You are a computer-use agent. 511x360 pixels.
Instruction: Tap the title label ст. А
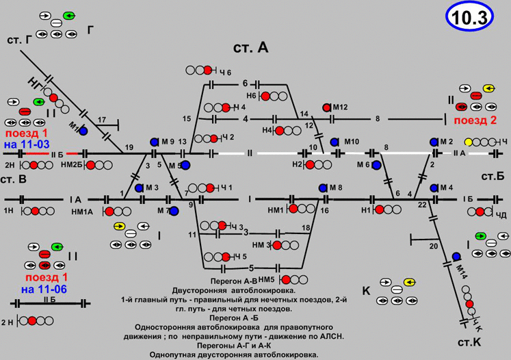tap(250, 47)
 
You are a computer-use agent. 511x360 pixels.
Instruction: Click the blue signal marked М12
tap(327, 107)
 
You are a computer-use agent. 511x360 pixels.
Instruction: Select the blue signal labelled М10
tap(335, 142)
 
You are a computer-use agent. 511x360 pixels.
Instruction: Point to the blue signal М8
tap(323, 188)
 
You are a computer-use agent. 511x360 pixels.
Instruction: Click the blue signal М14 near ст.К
tap(456, 257)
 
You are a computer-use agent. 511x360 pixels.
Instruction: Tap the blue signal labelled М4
tap(434, 188)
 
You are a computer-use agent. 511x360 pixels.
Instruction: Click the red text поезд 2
tap(475, 121)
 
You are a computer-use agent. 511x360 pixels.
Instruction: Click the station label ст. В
tap(14, 179)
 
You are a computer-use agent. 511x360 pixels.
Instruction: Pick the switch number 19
tap(129, 148)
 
